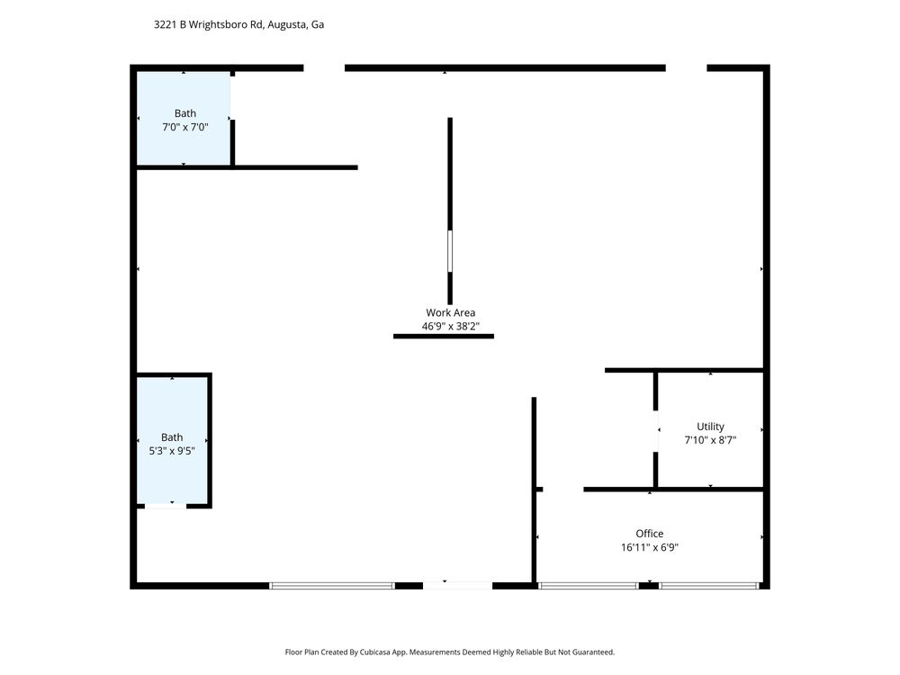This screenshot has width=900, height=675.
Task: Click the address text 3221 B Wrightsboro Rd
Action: click(209, 24)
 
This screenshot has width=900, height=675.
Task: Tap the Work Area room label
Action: click(451, 313)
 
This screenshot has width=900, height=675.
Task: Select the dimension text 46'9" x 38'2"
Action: click(451, 327)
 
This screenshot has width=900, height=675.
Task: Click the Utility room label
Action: click(710, 427)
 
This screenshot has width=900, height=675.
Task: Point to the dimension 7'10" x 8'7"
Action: click(710, 440)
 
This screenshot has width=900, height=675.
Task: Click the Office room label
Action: click(649, 534)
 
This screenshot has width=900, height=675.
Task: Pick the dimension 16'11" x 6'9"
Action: click(649, 547)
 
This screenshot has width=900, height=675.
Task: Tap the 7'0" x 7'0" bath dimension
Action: click(184, 128)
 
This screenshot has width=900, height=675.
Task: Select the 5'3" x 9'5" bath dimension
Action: click(172, 451)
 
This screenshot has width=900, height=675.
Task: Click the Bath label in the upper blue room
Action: click(184, 113)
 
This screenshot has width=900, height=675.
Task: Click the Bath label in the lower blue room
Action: click(172, 437)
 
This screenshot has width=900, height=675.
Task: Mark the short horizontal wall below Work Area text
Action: click(443, 337)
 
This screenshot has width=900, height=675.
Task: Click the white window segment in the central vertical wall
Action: click(450, 251)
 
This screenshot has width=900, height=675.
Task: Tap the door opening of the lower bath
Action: click(166, 506)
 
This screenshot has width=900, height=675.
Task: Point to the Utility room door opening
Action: click(655, 431)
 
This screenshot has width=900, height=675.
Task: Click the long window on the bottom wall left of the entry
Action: click(332, 586)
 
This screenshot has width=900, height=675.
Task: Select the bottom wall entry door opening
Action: click(457, 586)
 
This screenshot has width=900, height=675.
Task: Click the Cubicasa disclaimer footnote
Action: click(449, 652)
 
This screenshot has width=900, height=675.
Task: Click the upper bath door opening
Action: click(232, 97)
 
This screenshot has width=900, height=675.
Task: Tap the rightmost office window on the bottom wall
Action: click(709, 586)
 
